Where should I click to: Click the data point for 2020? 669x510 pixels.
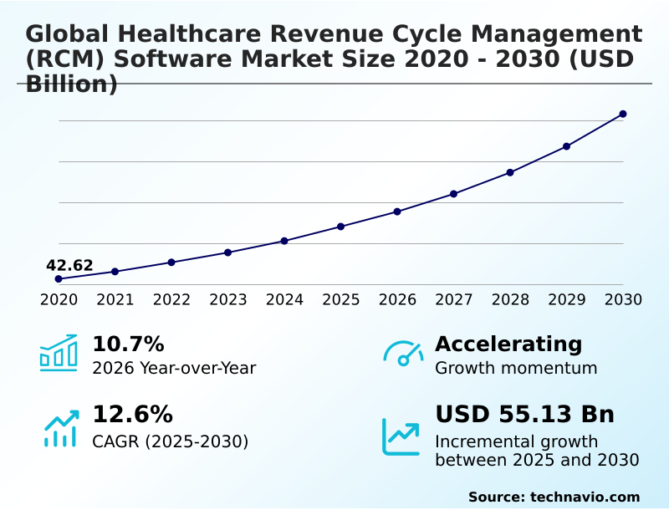pos(59,278)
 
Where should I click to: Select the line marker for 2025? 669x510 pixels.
pos(340,227)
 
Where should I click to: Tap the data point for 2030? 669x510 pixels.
pos(623,114)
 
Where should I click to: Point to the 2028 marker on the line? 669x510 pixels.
pos(510,172)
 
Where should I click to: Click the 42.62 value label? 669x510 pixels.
pos(69,266)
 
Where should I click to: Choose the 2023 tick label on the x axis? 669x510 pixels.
pos(227,299)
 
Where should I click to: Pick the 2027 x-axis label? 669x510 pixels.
pos(453,299)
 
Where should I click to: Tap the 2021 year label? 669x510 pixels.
pos(115,299)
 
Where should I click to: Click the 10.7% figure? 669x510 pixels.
pos(128,344)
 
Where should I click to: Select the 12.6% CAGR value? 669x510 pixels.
pos(132,415)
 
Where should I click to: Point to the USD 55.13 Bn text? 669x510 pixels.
pos(524,415)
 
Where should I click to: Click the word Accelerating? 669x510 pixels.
pos(508,344)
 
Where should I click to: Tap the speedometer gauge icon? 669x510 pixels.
pos(403,354)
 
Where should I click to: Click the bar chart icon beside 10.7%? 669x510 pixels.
pos(59,353)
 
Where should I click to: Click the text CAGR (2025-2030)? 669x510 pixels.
pos(170,441)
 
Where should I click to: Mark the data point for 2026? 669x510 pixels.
pos(397,212)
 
